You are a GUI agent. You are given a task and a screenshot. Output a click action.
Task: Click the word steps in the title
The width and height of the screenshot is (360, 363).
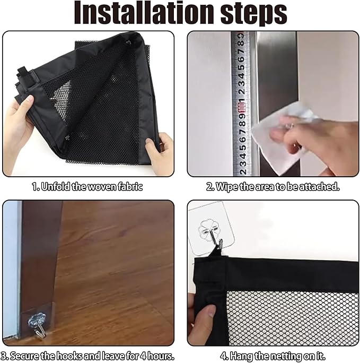(253, 13)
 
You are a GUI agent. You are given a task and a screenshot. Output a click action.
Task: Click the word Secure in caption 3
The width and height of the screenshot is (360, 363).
(24, 356)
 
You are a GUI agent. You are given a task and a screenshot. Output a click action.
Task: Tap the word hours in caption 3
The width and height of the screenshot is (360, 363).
(161, 356)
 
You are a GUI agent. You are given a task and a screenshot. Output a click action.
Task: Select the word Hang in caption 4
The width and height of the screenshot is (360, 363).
(241, 356)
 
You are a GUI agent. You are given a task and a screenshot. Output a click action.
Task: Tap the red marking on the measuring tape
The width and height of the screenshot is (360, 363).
(241, 108)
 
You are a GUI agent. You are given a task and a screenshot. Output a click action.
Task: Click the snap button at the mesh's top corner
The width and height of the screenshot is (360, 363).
(128, 42)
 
